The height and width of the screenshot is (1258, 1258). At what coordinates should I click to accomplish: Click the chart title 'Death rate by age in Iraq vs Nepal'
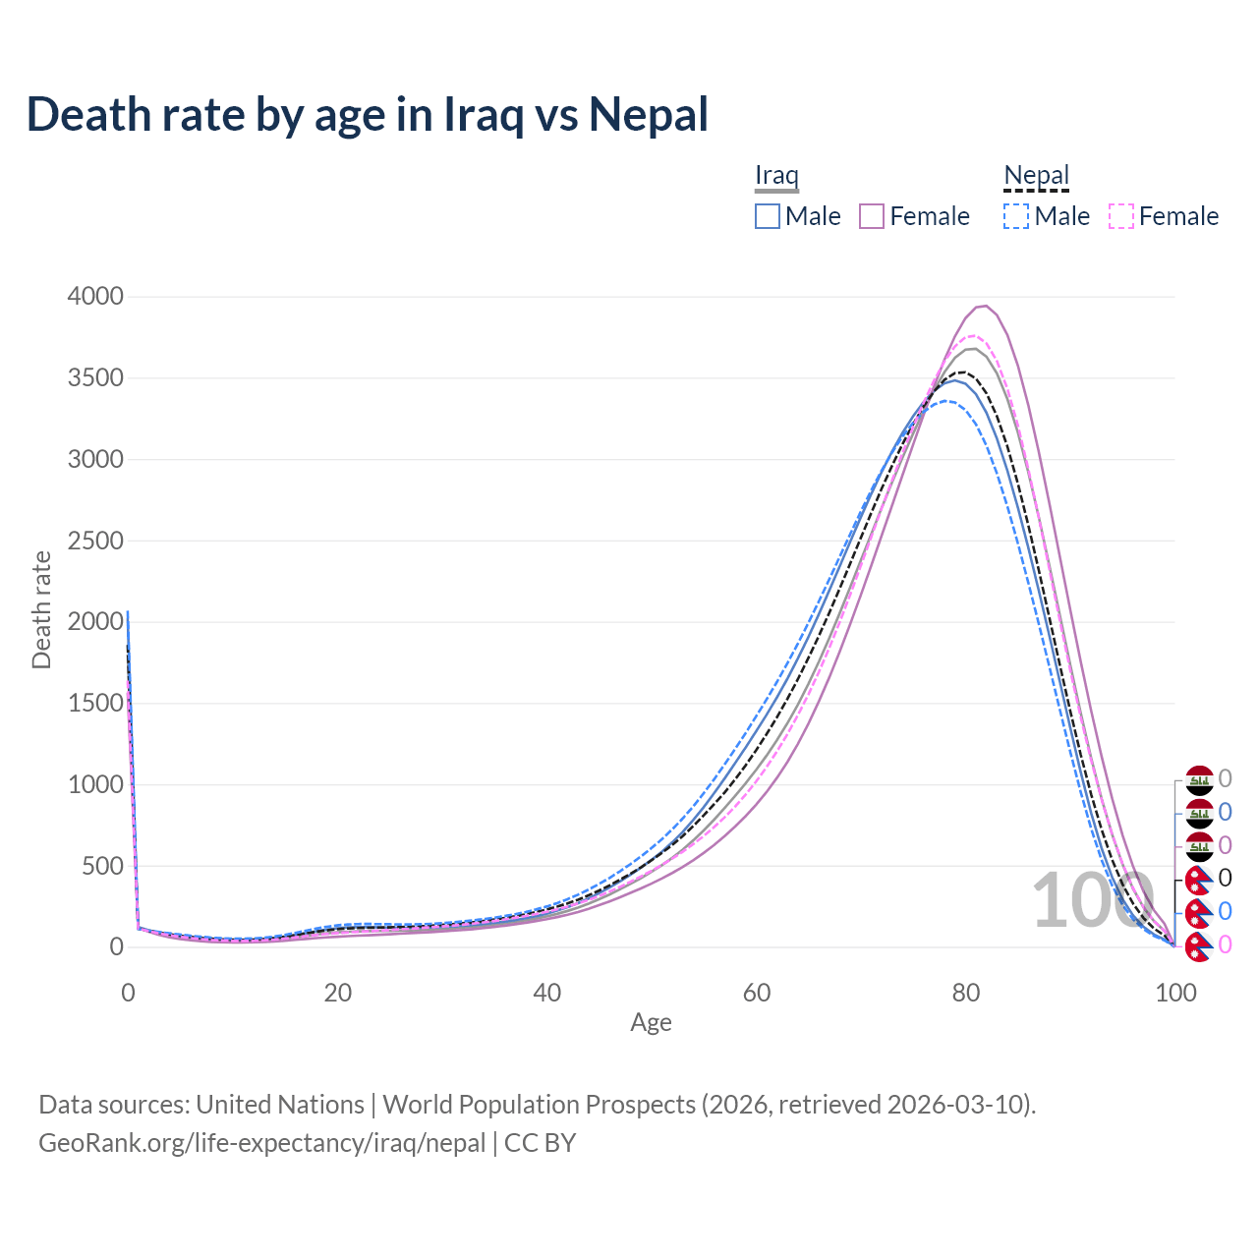click(367, 114)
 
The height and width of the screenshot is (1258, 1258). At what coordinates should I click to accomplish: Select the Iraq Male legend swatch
click(768, 216)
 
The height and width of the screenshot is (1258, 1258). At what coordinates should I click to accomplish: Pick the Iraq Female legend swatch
click(872, 216)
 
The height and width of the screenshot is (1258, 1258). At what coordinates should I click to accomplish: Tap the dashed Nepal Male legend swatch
click(1016, 216)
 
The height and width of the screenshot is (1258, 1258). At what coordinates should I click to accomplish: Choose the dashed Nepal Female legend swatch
click(1120, 216)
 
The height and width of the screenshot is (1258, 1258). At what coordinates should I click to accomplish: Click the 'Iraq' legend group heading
click(776, 175)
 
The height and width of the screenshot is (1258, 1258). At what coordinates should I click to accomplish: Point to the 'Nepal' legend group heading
click(1036, 175)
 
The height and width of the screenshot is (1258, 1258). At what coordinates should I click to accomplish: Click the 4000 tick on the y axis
click(95, 297)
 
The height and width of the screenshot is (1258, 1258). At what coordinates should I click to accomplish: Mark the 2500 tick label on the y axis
click(95, 541)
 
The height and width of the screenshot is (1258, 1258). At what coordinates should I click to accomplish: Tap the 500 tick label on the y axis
click(102, 866)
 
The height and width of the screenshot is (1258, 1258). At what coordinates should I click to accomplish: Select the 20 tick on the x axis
click(338, 993)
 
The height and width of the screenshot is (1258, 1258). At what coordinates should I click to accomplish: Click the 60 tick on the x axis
click(757, 993)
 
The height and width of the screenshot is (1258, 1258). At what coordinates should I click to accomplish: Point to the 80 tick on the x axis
click(966, 993)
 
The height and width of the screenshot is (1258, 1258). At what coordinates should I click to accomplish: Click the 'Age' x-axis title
click(651, 1022)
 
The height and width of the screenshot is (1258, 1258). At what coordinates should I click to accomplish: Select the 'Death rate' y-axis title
click(41, 609)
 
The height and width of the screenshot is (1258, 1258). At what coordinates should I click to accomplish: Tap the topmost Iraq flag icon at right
click(1200, 780)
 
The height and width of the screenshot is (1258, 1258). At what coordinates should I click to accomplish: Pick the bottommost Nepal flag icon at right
click(1198, 946)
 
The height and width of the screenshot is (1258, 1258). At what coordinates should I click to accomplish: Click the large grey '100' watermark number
click(1092, 900)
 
